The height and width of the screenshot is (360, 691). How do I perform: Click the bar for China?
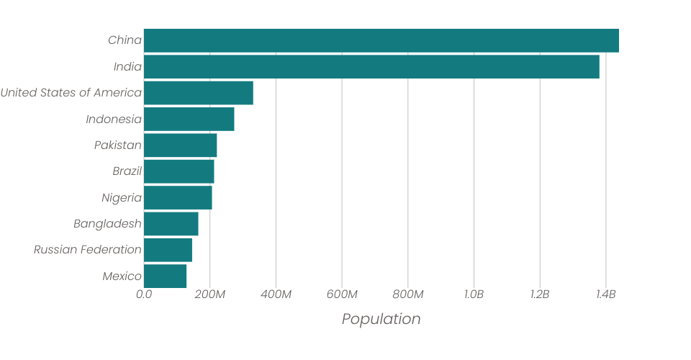381,40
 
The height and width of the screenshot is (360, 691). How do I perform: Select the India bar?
371,67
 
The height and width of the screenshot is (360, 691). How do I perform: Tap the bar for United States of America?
199,93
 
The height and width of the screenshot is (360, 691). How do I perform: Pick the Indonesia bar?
189,119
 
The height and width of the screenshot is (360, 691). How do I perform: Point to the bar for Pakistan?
180,145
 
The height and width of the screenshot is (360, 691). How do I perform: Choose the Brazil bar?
179,171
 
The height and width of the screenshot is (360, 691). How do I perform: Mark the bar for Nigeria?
178,197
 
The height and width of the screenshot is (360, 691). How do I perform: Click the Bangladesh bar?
171,224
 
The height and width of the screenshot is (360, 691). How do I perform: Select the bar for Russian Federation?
168,250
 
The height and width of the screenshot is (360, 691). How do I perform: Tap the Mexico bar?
165,276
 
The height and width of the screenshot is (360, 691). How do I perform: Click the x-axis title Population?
381,319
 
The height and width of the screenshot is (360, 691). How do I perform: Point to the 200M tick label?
210,294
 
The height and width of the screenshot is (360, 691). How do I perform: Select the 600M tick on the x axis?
342,294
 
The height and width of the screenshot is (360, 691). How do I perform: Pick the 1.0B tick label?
474,294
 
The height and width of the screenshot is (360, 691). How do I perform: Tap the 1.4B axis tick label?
605,294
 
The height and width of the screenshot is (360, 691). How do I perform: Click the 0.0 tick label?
144,294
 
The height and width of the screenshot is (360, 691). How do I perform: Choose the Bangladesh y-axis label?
107,224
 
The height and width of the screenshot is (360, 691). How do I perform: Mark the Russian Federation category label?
87,250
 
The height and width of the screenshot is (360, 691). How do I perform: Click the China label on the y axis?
125,40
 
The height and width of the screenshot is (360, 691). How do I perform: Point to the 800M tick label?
408,294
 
